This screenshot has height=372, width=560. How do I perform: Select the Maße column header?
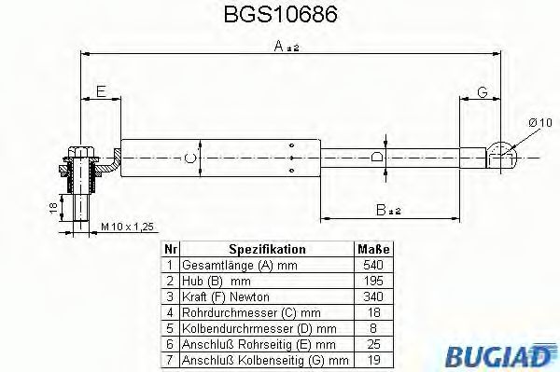pos(374,250)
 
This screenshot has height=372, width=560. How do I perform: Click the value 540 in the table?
pos(374,265)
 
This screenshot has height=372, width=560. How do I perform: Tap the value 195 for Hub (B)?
pos(374,280)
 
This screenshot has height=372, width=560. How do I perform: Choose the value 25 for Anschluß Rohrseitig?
pos(374,342)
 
